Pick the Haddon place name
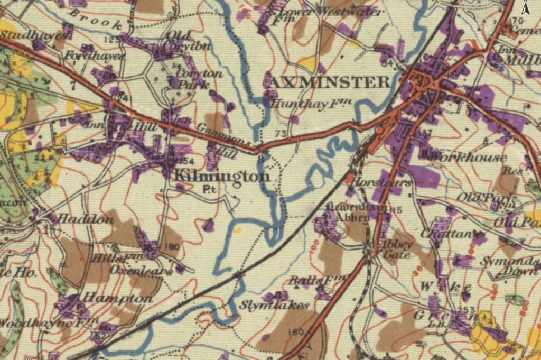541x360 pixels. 78,218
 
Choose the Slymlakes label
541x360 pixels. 274,305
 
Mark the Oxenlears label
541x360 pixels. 141,271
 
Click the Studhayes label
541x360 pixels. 34,35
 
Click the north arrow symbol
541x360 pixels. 526,8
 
